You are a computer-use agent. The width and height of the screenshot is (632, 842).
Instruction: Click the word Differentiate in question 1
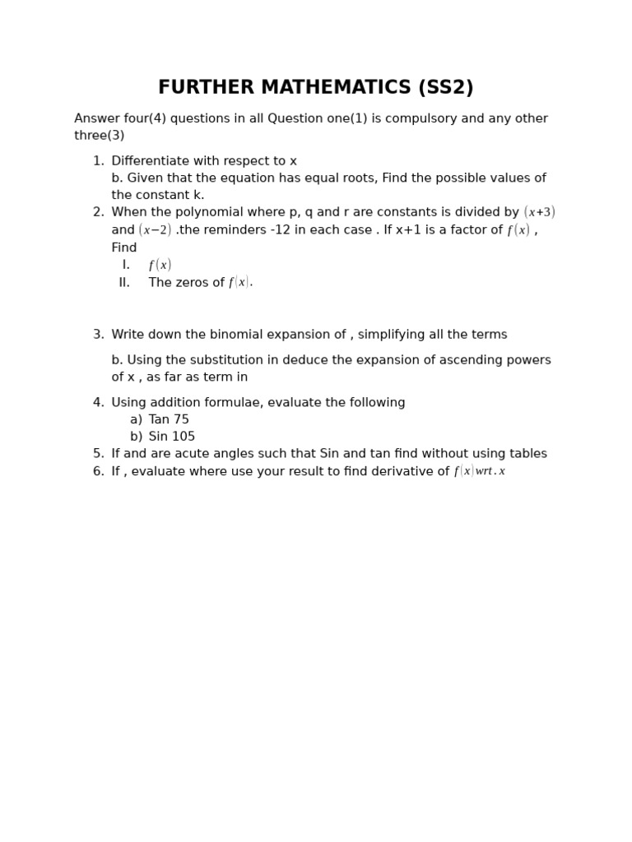pos(149,161)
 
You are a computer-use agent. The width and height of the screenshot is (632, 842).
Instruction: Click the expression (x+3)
pos(539,212)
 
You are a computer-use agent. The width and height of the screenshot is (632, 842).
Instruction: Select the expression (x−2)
pos(155,230)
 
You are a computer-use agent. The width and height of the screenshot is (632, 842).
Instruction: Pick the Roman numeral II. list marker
pos(124,283)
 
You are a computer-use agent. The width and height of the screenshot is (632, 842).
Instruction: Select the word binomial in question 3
pos(226,335)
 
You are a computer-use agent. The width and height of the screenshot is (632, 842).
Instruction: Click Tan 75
pos(169,420)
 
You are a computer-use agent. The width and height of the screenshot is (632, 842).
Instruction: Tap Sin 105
pos(172,437)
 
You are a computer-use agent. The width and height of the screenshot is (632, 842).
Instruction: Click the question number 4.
pos(98,403)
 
